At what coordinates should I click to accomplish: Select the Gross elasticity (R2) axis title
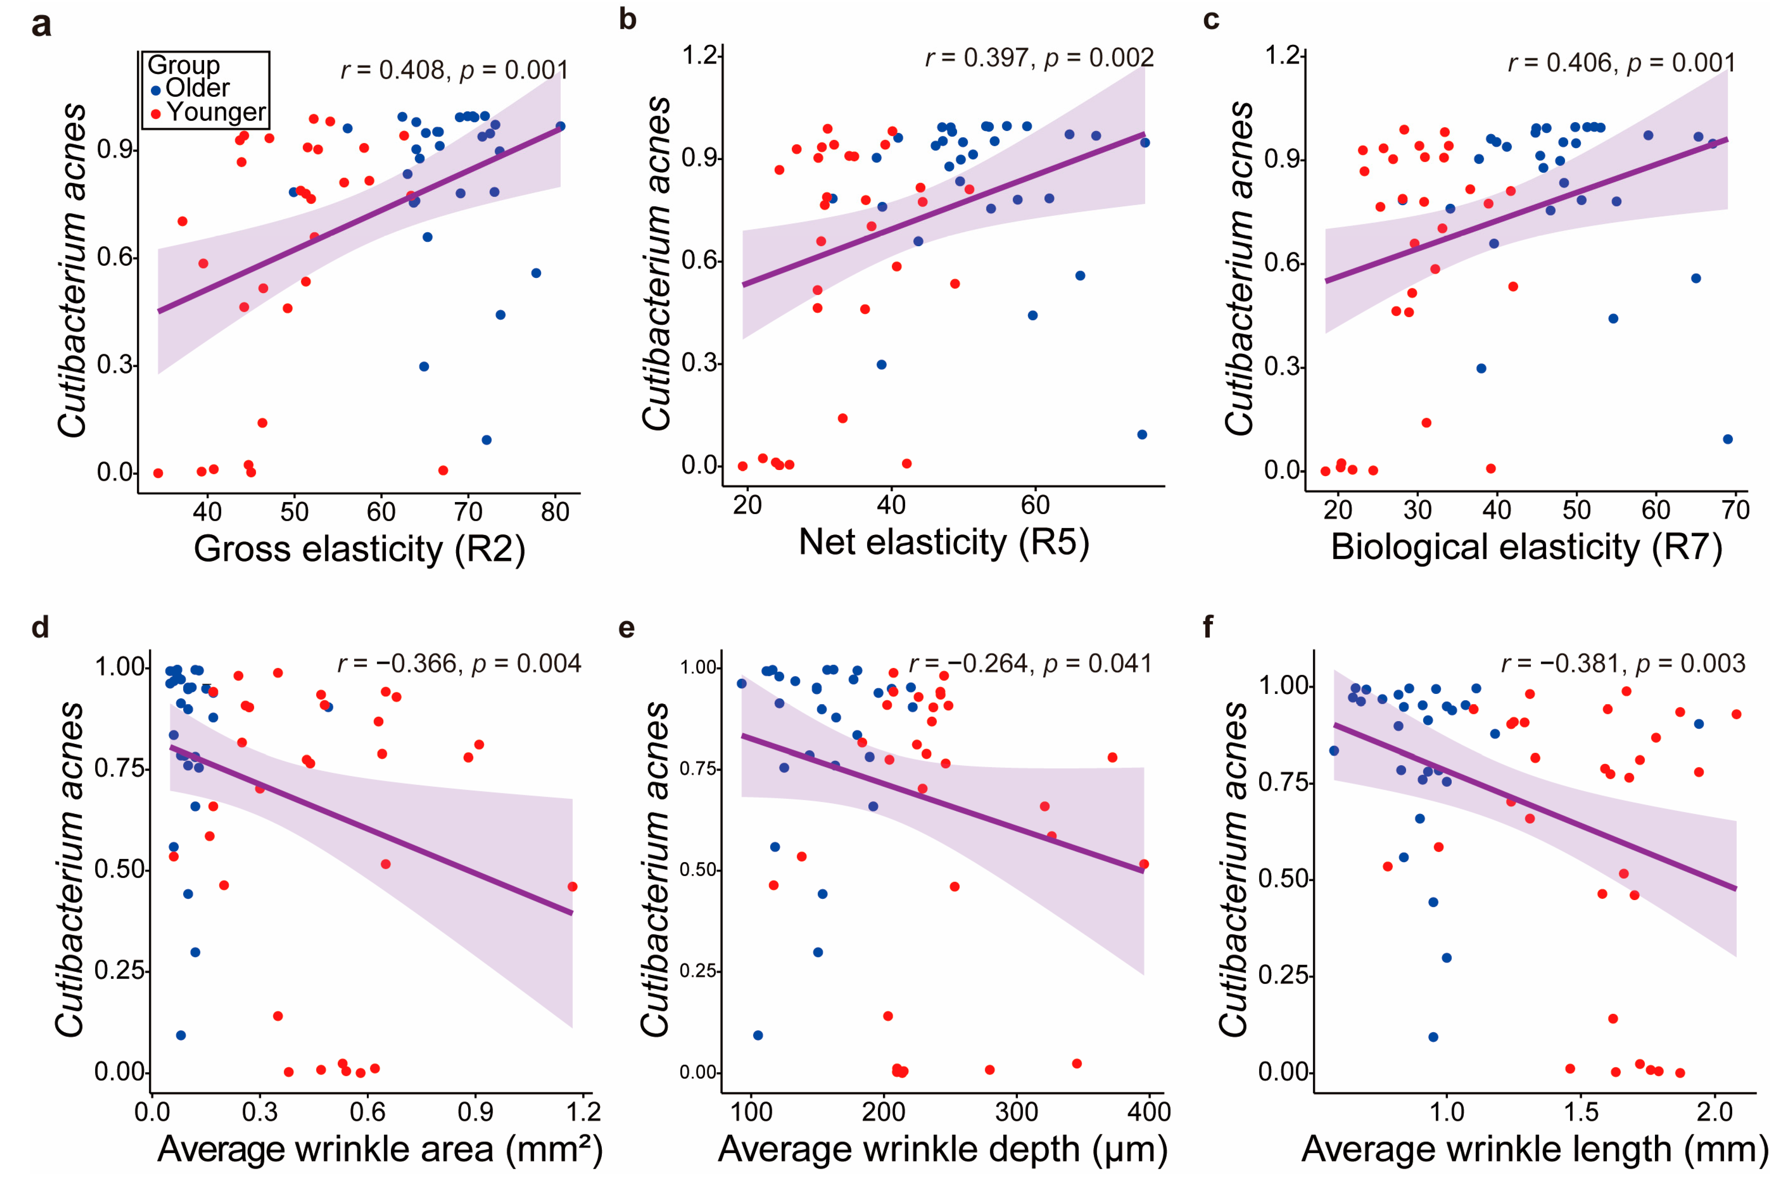coord(359,549)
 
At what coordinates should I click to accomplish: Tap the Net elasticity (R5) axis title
coord(944,542)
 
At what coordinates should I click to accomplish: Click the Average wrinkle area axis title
coord(380,1149)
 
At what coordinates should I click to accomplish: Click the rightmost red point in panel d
coord(573,886)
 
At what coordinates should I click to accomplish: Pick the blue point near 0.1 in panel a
coord(487,440)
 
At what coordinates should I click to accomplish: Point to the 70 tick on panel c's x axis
coord(1735,511)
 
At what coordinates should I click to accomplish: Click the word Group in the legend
coord(183,65)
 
